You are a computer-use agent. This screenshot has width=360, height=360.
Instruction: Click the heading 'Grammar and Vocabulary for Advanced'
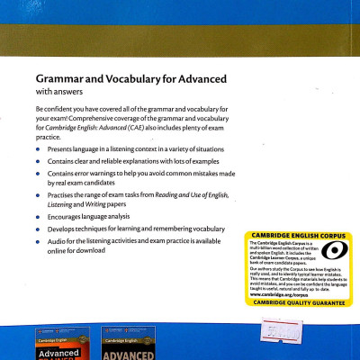pos(130,79)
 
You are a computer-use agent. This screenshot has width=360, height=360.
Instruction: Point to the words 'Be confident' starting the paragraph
pos(56,110)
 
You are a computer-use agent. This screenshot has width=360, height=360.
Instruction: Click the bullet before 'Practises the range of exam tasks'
pos(39,195)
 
